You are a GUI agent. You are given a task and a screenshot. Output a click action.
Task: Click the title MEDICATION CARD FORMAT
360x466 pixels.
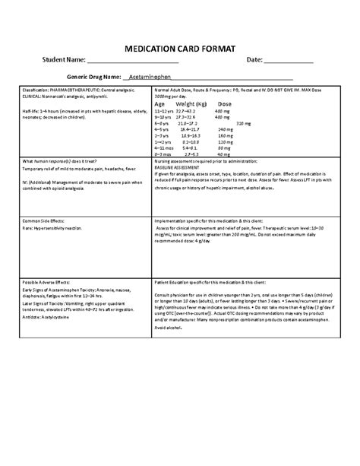(179, 47)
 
